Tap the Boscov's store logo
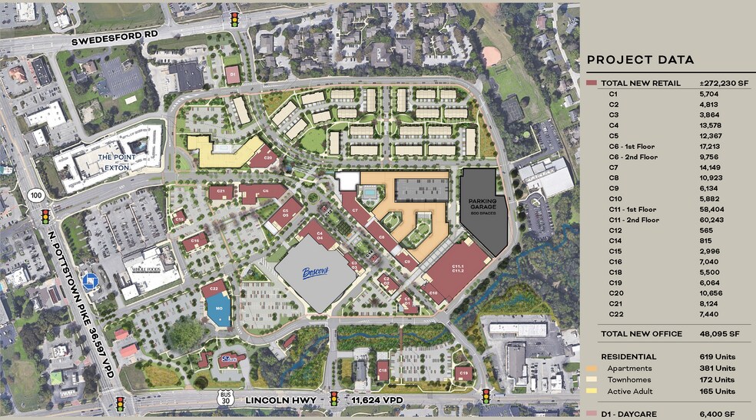coord(315,272)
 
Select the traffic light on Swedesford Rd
coord(234,18)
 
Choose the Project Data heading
coord(640,60)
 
